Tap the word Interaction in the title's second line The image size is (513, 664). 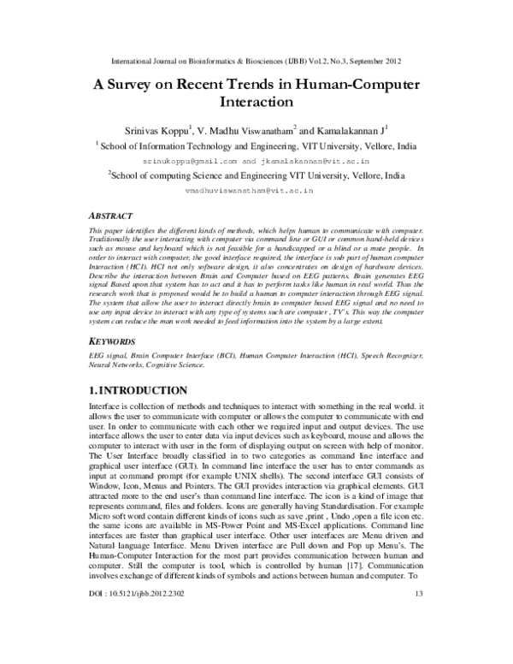[x=257, y=104]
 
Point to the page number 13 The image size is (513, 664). [x=418, y=641]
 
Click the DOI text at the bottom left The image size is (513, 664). [x=138, y=641]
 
